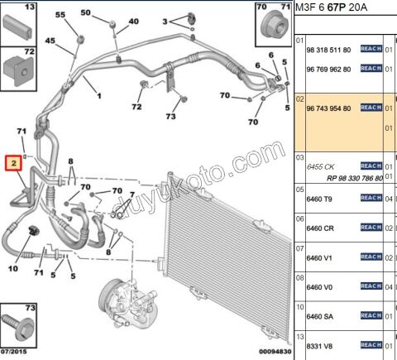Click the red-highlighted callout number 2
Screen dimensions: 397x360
tap(13, 163)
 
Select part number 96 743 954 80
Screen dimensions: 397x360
tap(328, 108)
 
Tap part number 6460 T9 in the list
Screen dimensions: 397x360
tap(318, 199)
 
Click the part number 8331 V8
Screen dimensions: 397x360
tap(319, 346)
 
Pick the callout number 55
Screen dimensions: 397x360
tap(60, 15)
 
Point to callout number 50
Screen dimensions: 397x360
tap(85, 12)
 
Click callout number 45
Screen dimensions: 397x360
tap(50, 41)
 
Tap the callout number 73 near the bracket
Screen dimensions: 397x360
tap(170, 117)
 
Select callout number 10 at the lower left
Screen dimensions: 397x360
tap(13, 268)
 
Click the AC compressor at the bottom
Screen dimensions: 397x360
tap(128, 303)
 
